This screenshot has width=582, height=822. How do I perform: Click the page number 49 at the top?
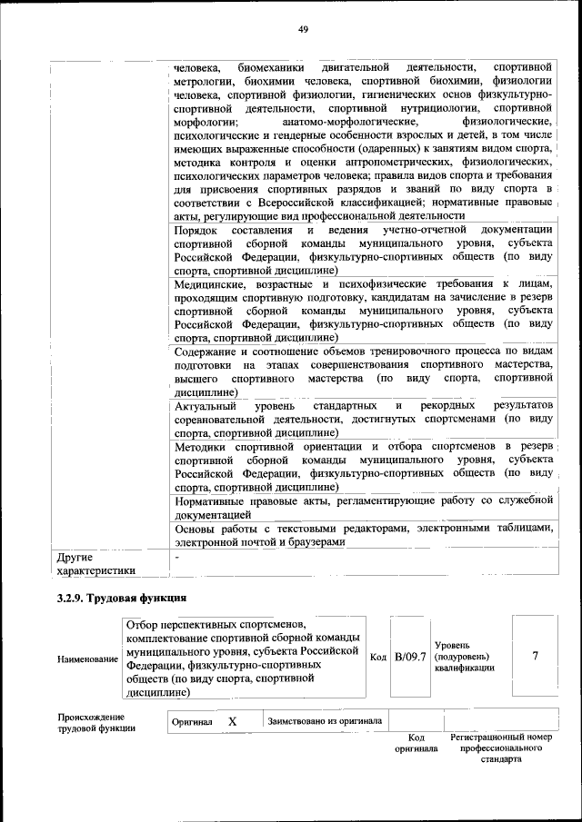304,30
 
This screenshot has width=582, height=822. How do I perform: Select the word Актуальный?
206,405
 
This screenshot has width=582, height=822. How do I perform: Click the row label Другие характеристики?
95,563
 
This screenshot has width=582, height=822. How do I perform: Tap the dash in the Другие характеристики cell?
178,554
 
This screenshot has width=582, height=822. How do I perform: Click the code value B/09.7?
409,657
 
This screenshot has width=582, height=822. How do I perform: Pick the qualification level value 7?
535,657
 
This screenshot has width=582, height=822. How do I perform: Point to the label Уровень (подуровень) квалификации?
464,657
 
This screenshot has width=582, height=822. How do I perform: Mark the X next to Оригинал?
232,721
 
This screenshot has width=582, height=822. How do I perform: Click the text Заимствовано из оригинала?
324,721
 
